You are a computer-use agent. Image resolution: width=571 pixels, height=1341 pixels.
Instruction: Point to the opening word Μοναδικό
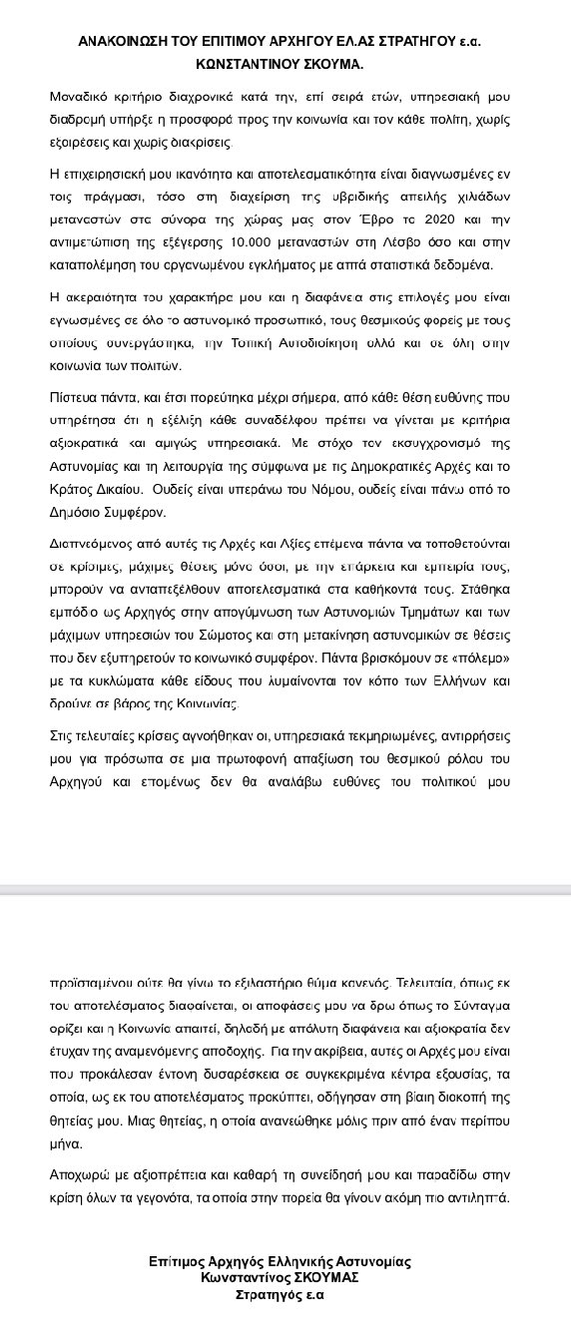click(x=79, y=100)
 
